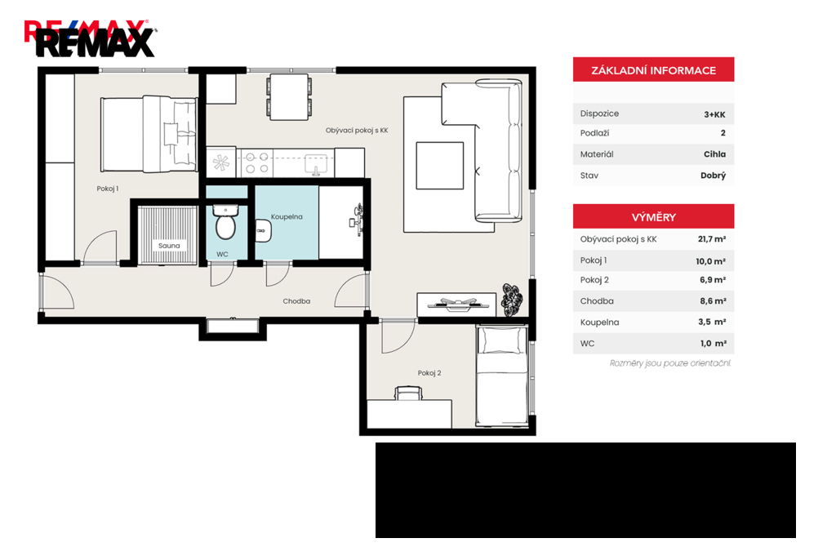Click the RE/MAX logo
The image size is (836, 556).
[x=91, y=38]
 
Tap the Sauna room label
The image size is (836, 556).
[x=169, y=246]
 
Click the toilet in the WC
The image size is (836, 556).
[x=225, y=222]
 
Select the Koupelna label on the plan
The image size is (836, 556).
[x=287, y=217]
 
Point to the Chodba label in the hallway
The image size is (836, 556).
[x=296, y=301]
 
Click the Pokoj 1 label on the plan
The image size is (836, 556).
[x=107, y=189]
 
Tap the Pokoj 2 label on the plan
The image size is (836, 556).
[x=429, y=373]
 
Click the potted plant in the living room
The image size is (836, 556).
[x=513, y=300]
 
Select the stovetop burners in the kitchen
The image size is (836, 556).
[x=256, y=163]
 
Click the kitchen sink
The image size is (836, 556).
[x=316, y=164]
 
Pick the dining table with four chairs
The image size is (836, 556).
[x=289, y=96]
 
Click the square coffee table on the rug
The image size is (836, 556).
[x=440, y=165]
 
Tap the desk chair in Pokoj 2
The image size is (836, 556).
[x=408, y=394]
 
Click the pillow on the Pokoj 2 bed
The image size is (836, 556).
[x=501, y=340]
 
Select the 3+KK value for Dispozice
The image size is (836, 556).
[x=714, y=114]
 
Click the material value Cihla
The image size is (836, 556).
[x=714, y=154]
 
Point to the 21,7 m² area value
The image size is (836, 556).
[x=712, y=239]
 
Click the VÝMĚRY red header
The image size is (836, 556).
[x=654, y=217]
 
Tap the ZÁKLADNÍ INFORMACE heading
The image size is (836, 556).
[x=654, y=70]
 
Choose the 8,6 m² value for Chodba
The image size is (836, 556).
[x=713, y=301]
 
